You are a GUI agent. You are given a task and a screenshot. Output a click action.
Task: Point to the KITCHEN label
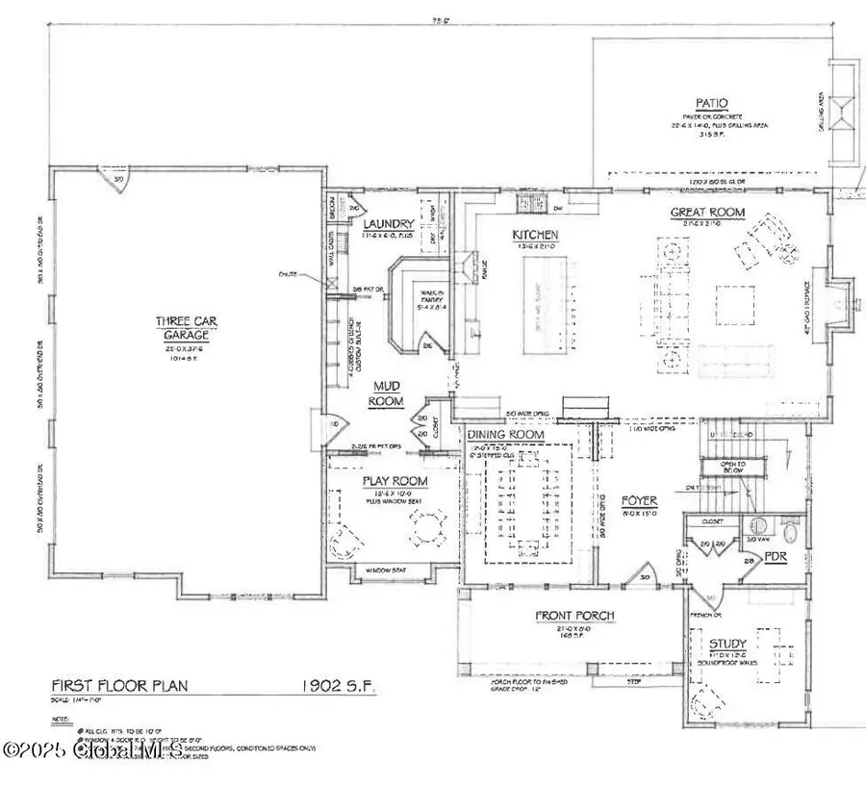(x=536, y=235)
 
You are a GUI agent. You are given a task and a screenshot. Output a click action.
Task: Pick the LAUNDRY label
(x=389, y=224)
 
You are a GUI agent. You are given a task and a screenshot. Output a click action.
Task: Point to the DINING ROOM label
(x=506, y=435)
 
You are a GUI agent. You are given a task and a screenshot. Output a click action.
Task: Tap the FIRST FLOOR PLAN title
(x=118, y=687)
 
